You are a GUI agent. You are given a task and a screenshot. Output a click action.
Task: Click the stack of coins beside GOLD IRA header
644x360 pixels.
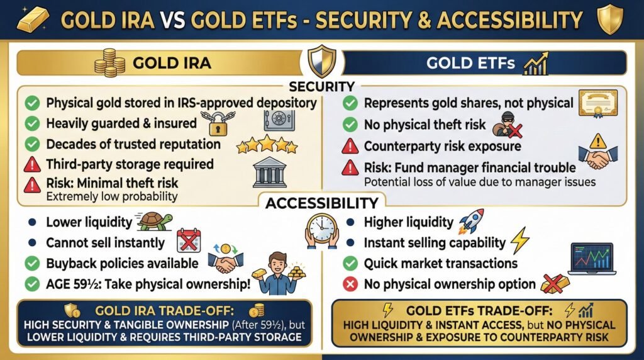110,64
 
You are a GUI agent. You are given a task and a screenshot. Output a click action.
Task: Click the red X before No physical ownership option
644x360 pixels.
350,284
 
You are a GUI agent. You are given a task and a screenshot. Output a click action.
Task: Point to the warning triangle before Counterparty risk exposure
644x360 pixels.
350,146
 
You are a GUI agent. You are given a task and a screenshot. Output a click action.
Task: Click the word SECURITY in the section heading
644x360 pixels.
321,86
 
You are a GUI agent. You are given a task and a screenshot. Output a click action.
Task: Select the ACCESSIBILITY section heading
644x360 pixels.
321,203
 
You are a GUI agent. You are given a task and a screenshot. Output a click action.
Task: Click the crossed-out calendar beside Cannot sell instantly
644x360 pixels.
187,242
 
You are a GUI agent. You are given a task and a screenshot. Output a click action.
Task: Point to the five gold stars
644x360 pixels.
266,145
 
